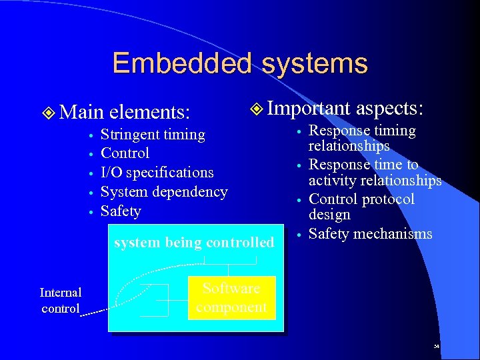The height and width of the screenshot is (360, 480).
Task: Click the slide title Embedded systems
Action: [240, 63]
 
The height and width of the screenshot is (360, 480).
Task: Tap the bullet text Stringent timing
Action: [153, 134]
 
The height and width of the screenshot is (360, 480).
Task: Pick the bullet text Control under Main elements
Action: [125, 153]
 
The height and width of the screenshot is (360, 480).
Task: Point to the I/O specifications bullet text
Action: [157, 172]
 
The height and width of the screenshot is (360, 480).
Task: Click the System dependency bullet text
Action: [164, 191]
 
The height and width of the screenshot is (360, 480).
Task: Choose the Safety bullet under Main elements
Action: [121, 211]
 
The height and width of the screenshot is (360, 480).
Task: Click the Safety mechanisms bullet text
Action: [371, 233]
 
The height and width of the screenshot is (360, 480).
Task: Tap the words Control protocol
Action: [362, 199]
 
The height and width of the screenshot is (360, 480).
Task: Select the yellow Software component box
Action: [231, 298]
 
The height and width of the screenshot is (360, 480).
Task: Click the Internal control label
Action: [61, 300]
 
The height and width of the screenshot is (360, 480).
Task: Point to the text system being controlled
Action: [194, 242]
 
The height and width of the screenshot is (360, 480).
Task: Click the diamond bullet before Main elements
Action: [47, 109]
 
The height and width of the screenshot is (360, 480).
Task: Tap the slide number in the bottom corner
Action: [436, 347]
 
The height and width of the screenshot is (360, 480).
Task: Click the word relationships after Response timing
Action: [349, 145]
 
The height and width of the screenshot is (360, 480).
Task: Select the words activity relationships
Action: [375, 180]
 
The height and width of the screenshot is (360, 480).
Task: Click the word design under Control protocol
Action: [329, 215]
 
